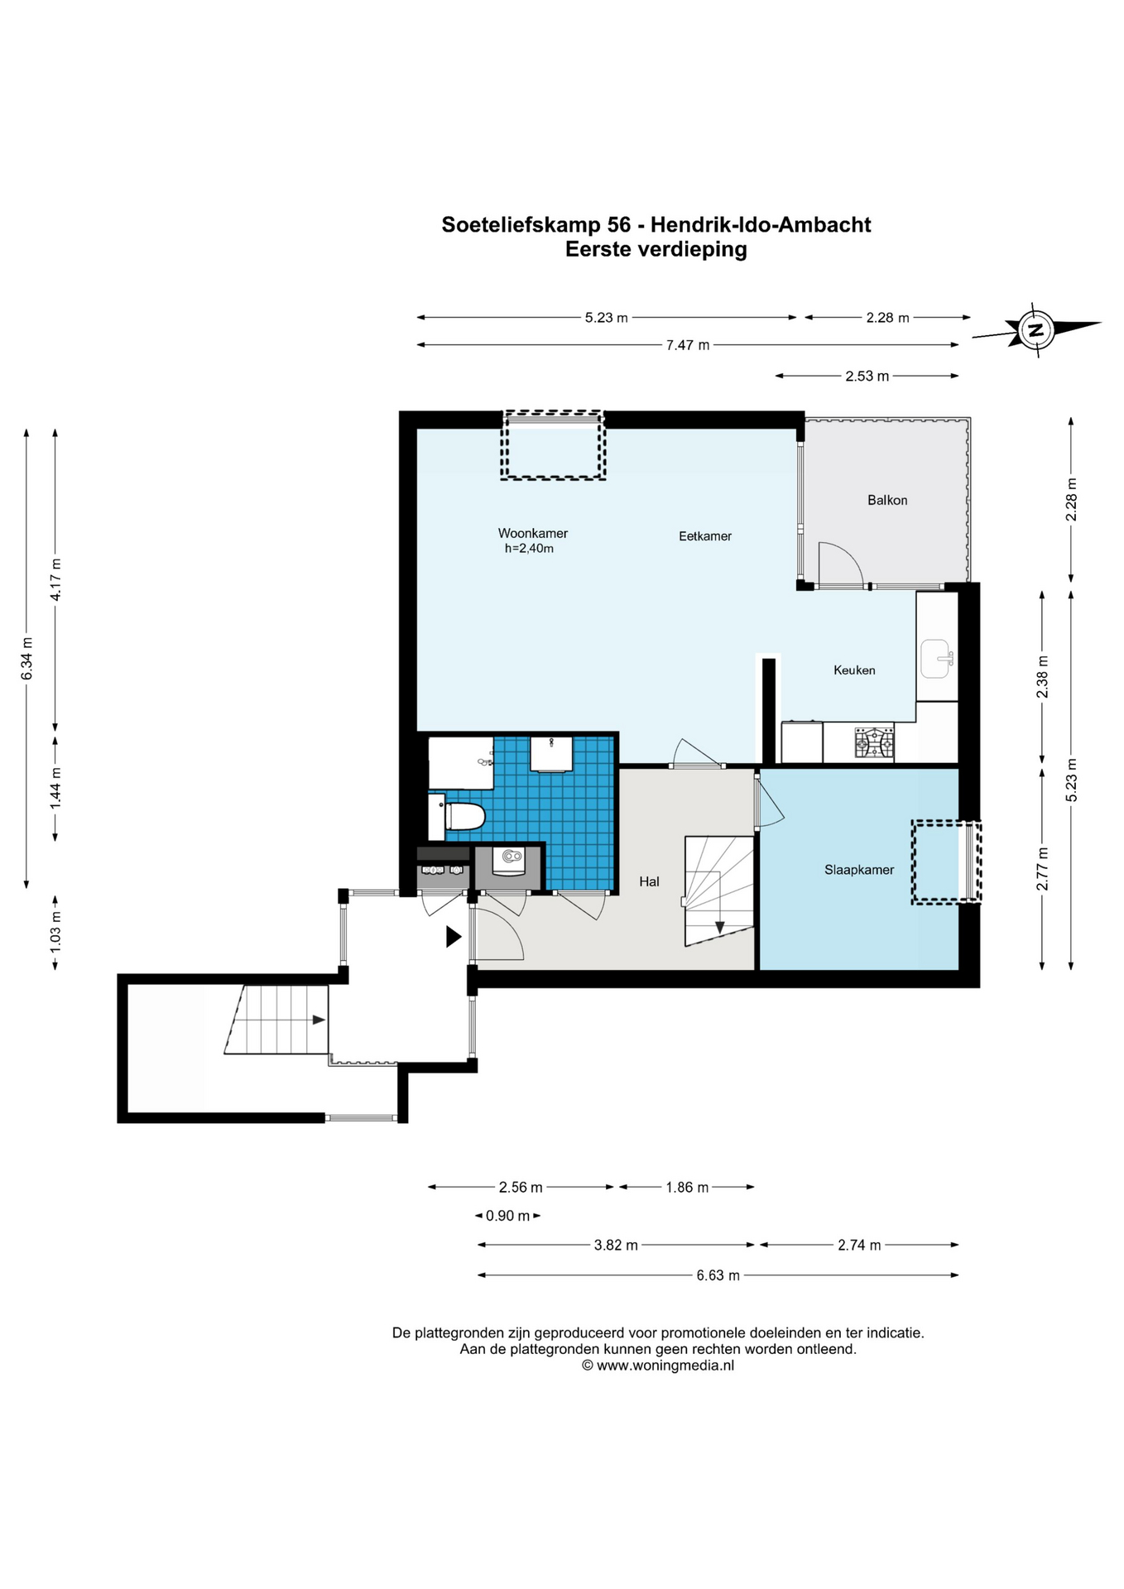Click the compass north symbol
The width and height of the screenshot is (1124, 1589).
[x=1035, y=330]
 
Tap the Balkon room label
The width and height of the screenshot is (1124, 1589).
[x=887, y=500]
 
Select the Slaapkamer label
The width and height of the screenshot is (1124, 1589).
[x=859, y=870]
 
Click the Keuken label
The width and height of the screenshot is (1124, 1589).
[x=854, y=670]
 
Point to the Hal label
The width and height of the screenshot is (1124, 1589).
[x=649, y=881]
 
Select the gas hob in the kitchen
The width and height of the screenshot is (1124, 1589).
[x=874, y=742]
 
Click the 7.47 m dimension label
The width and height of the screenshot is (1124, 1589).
[x=688, y=345]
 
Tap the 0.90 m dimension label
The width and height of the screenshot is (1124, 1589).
[x=507, y=1216]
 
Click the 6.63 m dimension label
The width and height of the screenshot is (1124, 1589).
[x=718, y=1275]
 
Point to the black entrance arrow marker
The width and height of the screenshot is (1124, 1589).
[x=453, y=936]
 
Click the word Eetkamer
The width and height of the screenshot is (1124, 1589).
[x=705, y=536]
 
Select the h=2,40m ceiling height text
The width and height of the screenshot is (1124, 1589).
[x=529, y=548]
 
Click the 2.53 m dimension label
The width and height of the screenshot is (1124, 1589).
[x=867, y=376]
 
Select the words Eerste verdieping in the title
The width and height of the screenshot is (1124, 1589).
[x=656, y=249]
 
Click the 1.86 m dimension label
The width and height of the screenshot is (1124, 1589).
[x=687, y=1188]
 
